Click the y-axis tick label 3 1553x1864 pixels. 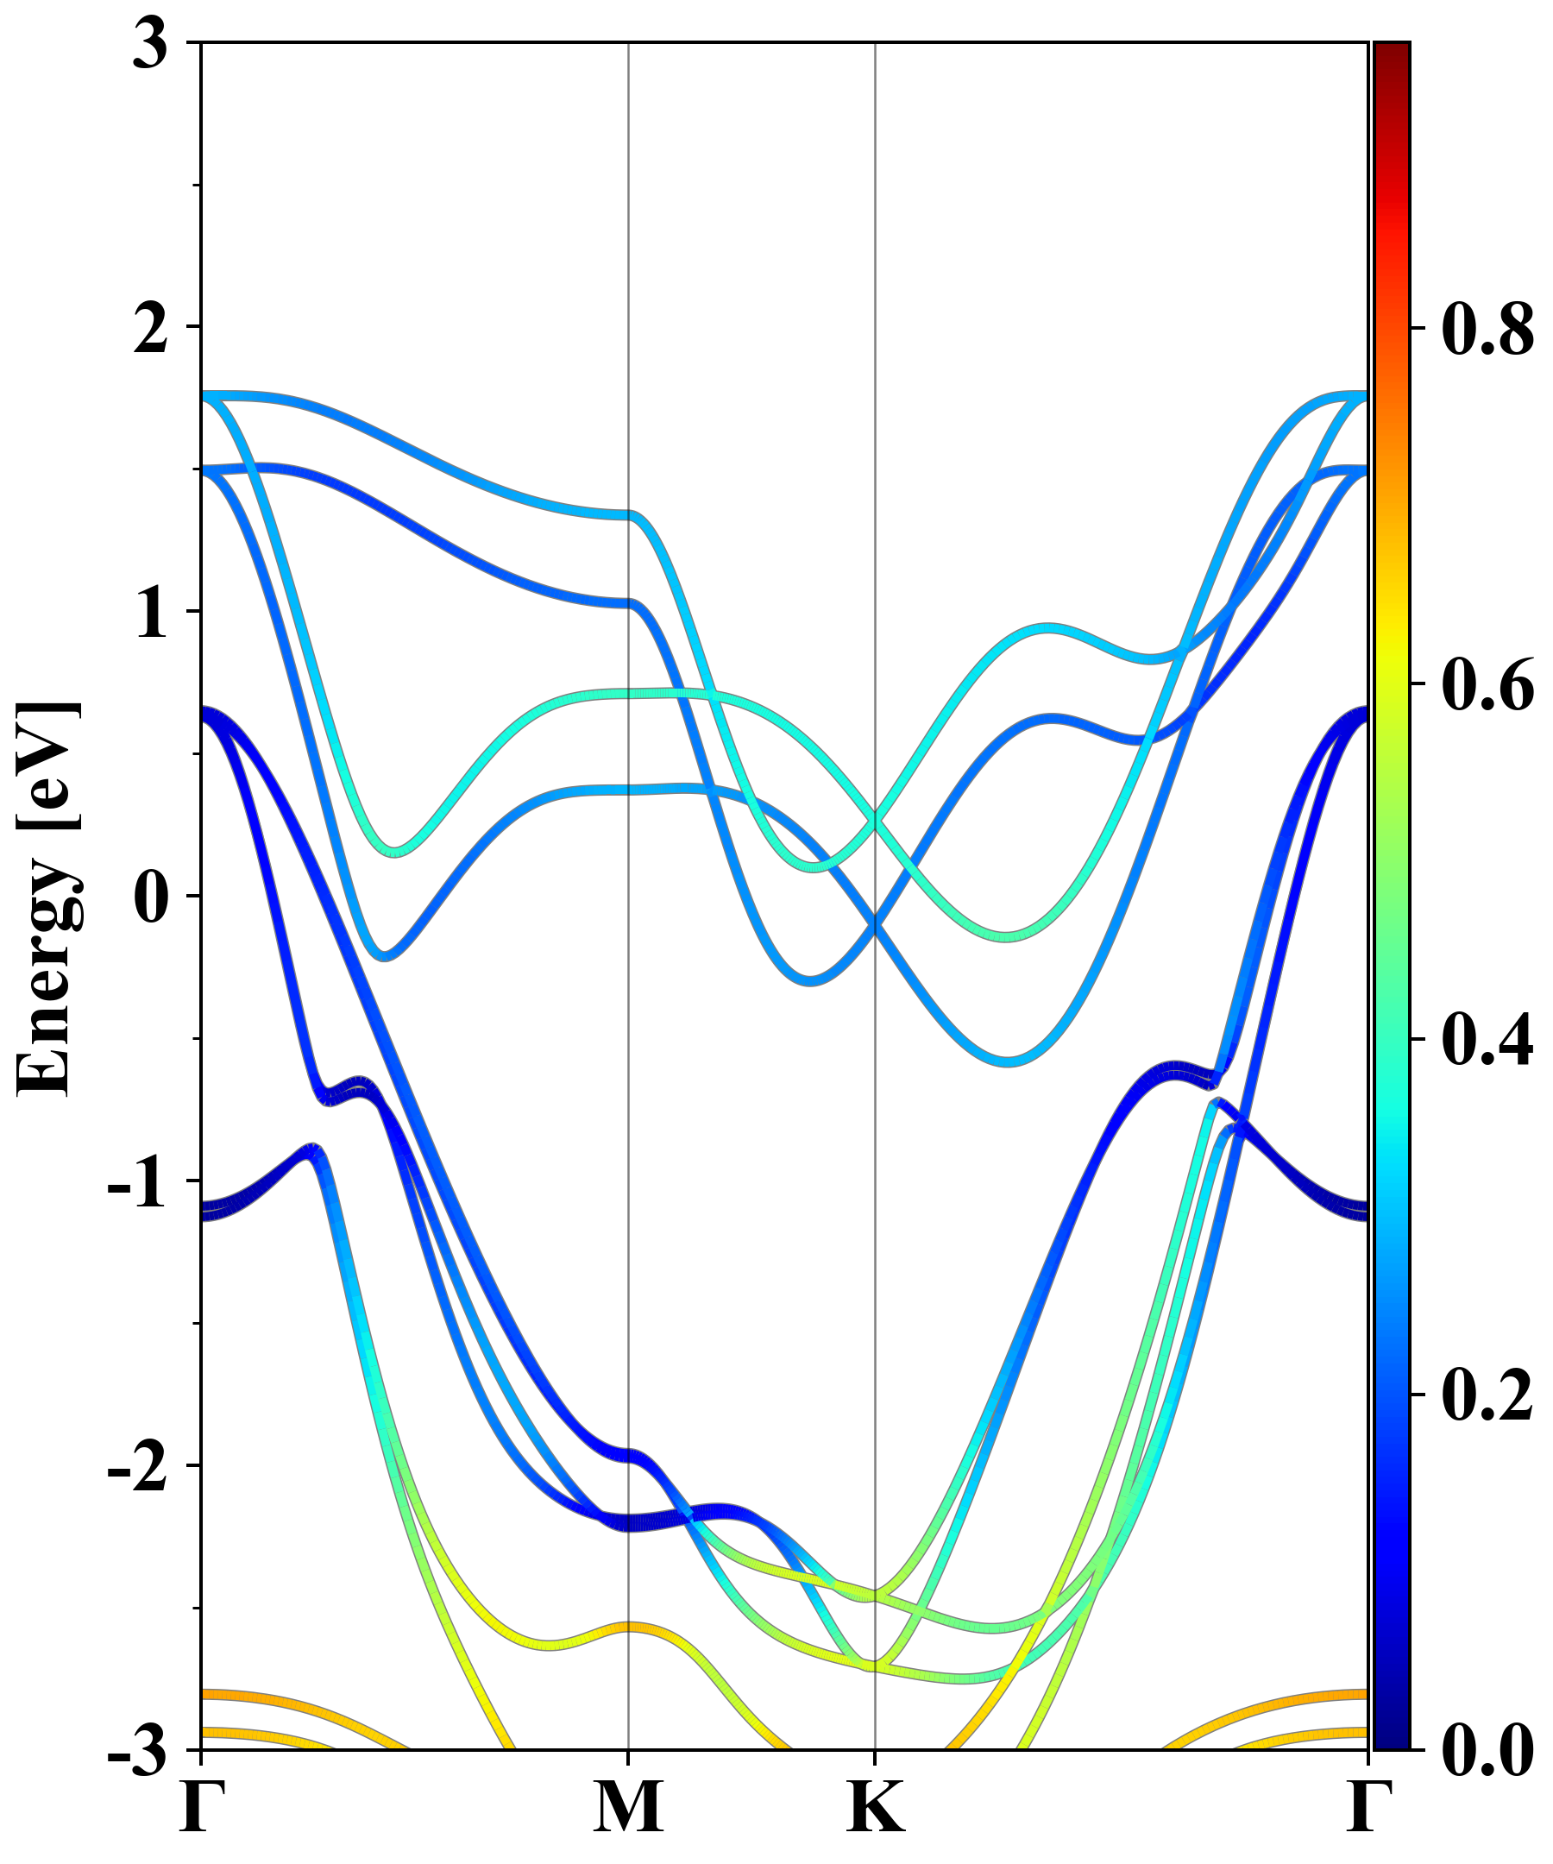point(150,44)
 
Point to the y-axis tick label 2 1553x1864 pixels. point(150,330)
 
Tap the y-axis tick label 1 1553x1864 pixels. point(150,614)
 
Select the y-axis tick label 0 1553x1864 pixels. point(150,898)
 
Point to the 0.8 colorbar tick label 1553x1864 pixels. point(1487,330)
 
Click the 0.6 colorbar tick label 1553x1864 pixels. point(1487,684)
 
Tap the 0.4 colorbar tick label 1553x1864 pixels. point(1487,1039)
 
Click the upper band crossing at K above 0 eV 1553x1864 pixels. point(876,822)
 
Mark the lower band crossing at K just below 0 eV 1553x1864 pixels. point(876,926)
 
